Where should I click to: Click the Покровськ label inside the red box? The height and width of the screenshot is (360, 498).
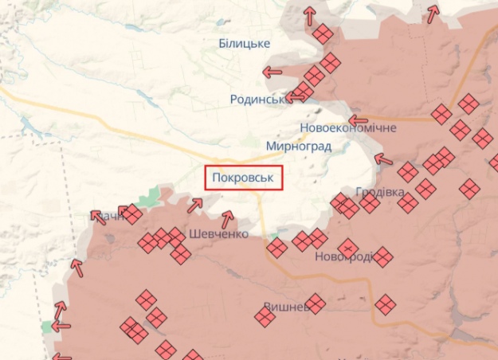[x=245, y=178]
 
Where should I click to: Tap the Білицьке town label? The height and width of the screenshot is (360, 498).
[x=245, y=43]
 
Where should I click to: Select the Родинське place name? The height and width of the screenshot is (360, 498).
[x=257, y=99]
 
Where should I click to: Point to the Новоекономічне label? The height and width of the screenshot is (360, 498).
[x=348, y=127]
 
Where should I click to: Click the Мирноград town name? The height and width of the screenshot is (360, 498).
[x=299, y=147]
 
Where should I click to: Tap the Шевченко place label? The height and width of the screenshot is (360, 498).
[x=219, y=234]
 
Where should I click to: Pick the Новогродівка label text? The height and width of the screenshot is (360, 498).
[x=343, y=256]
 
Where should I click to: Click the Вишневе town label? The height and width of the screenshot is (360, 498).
[x=286, y=307]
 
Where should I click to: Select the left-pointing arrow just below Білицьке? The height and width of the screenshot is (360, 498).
[x=273, y=72]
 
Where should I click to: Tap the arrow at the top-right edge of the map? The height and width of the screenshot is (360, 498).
[x=433, y=14]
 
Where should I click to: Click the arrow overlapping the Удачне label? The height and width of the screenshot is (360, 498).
[x=99, y=215]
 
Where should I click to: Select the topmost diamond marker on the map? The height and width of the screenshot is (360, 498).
[x=323, y=34]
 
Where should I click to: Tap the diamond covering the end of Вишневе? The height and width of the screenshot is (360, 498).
[x=316, y=303]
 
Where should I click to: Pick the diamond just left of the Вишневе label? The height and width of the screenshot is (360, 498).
[x=265, y=318]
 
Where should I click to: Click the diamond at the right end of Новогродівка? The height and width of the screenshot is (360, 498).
[x=383, y=257]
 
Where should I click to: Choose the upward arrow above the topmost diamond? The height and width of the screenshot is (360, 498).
[x=310, y=14]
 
